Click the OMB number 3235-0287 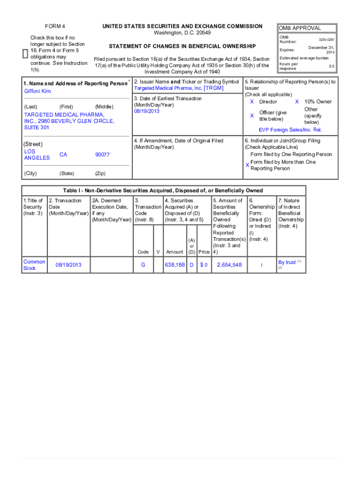[x=326, y=40]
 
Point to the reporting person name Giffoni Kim [x=37, y=91]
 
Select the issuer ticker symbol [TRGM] [x=214, y=88]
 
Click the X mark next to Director [x=252, y=102]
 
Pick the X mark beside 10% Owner [x=297, y=102]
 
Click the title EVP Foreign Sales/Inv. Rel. [x=290, y=130]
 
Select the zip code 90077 [x=102, y=154]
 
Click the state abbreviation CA [x=64, y=154]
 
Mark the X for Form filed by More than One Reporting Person [x=247, y=165]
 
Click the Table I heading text [x=163, y=190]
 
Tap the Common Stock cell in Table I [x=34, y=265]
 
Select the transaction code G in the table [x=143, y=265]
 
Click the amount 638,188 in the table [x=174, y=265]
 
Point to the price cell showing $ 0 [x=203, y=265]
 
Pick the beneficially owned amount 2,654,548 [x=229, y=265]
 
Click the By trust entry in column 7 [x=287, y=262]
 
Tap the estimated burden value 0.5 [x=331, y=66]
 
